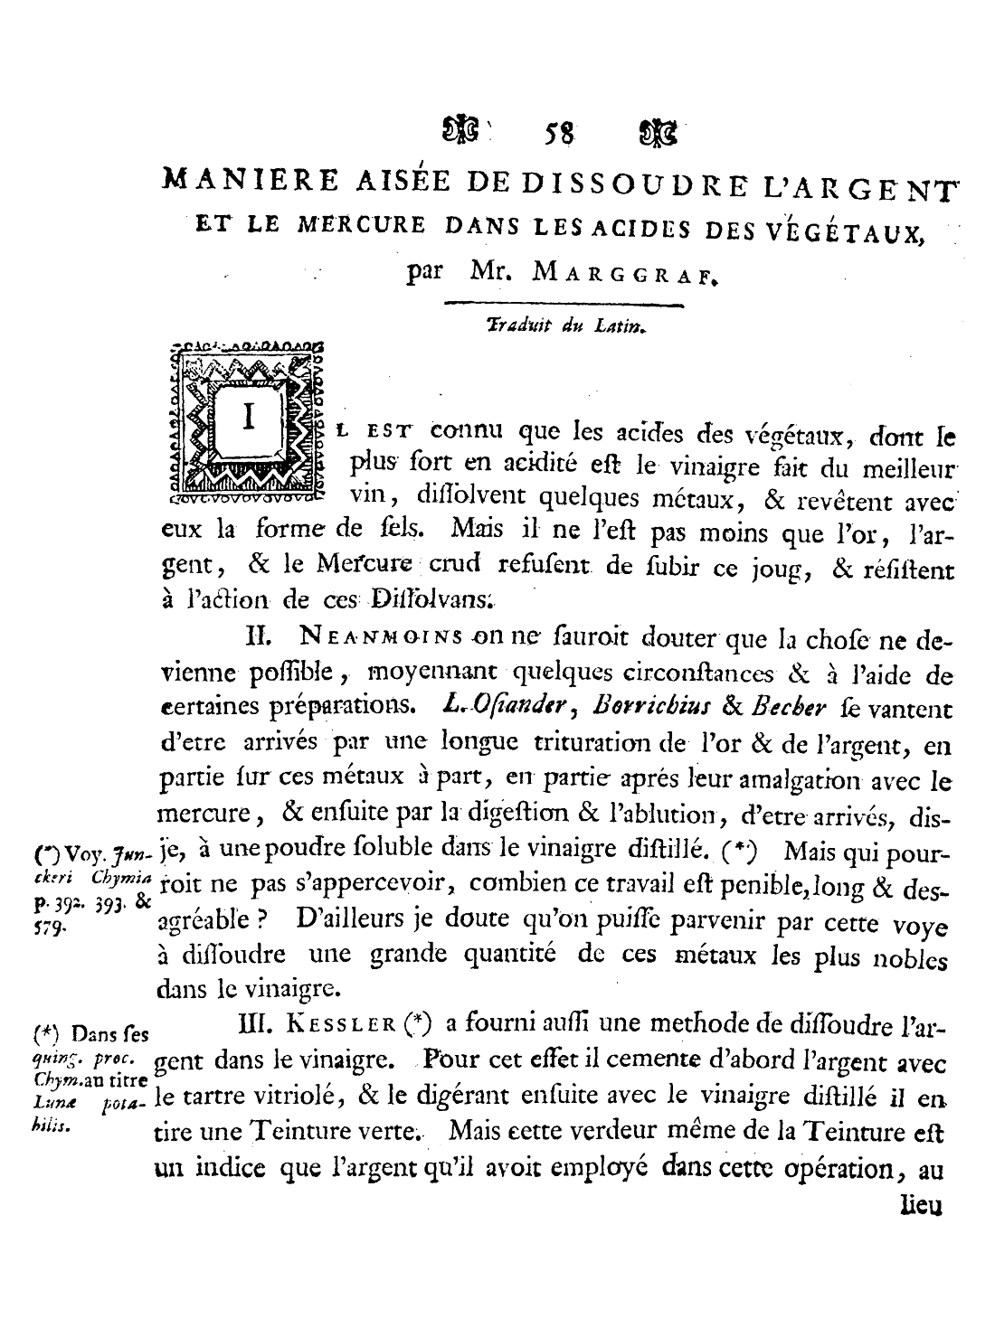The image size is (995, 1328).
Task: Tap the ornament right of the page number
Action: (x=657, y=136)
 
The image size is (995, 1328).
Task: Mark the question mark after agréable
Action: (x=258, y=921)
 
